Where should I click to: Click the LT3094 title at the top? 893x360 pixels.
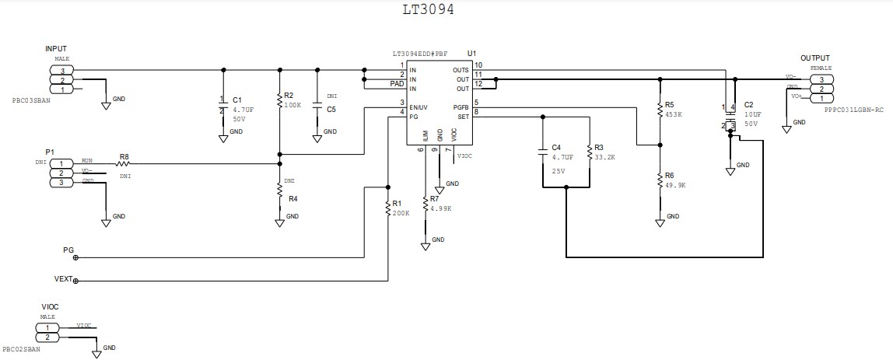tap(427, 10)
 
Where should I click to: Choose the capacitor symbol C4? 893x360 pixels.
tap(542, 153)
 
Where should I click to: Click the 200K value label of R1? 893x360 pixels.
tap(401, 212)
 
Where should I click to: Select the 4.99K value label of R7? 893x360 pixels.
tap(439, 208)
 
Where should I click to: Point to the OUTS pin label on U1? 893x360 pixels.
tap(461, 69)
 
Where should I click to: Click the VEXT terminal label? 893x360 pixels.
tap(64, 278)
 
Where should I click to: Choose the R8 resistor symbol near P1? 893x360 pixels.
tap(123, 164)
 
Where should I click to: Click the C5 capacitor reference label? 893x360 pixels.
tap(331, 110)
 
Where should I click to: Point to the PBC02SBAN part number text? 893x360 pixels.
tap(21, 350)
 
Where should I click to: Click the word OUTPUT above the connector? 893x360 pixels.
tap(815, 58)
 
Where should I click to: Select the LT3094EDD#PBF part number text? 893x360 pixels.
tap(420, 54)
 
